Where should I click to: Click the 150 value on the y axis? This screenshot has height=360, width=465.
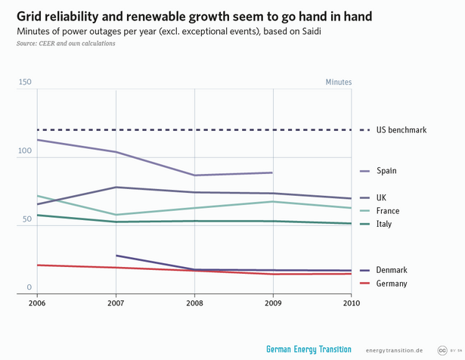[x=25, y=82]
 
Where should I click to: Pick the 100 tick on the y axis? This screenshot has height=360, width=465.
[x=25, y=151]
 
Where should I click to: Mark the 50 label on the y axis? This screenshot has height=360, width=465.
[x=27, y=219]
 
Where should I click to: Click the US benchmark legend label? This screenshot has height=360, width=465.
[x=401, y=130]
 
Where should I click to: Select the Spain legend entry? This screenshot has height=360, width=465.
[x=386, y=171]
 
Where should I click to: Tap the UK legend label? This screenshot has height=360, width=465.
[x=382, y=197]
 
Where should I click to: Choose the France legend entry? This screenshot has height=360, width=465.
[x=388, y=211]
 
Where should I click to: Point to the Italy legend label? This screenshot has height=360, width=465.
[x=384, y=224]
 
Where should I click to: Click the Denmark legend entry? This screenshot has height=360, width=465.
[x=392, y=270]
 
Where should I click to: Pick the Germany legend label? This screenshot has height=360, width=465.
[x=392, y=284]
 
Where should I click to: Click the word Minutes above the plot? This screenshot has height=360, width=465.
[x=339, y=82]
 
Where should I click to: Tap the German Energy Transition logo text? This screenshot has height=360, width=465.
[x=308, y=349]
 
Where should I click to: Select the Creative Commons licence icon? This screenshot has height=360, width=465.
[x=442, y=349]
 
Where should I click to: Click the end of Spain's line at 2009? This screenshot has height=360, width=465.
[x=273, y=172]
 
